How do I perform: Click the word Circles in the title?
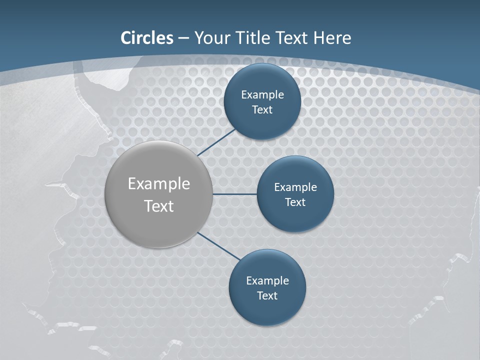tap(147, 38)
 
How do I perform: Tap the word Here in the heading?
tap(332, 38)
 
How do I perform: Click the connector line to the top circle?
tap(217, 142)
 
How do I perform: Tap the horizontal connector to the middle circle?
tap(234, 194)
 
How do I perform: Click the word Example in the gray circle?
tap(159, 184)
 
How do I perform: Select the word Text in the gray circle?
tap(159, 206)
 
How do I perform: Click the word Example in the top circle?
tap(262, 94)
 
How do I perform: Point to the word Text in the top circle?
tap(262, 109)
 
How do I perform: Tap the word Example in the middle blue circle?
tap(295, 187)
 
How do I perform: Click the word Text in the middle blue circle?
tap(295, 202)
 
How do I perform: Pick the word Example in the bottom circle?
tap(267, 280)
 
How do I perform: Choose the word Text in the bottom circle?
tap(267, 295)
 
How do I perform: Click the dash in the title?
tap(183, 38)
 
